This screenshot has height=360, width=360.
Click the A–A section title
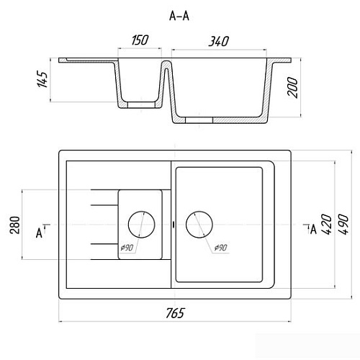[x=179, y=16]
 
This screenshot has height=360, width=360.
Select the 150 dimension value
[x=140, y=40]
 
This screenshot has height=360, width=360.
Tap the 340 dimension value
[x=219, y=41]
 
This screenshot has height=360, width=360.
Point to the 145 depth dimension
[x=42, y=79]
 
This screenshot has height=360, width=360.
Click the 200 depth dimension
[x=292, y=87]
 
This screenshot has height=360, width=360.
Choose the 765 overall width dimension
[x=175, y=313]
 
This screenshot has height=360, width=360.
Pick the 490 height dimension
[x=343, y=225]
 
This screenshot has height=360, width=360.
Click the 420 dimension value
[x=327, y=224]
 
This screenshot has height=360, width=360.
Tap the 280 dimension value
[x=15, y=225]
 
